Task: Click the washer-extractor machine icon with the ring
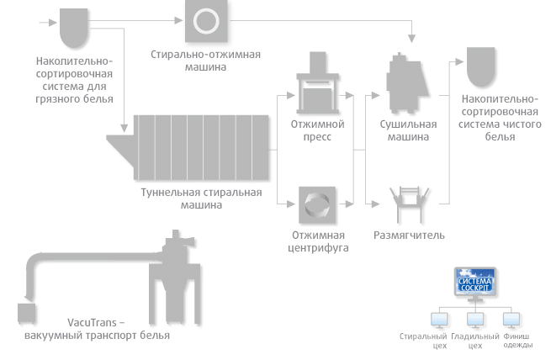[206, 20]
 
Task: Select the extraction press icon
[318, 83]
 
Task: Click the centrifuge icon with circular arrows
[317, 204]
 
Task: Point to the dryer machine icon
[407, 83]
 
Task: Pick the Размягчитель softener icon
[410, 204]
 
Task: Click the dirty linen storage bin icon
[73, 28]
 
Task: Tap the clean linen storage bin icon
[480, 66]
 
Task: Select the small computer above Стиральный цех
[439, 320]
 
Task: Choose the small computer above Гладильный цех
[475, 320]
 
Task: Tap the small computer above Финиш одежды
[511, 320]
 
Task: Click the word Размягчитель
[409, 235]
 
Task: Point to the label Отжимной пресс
[317, 130]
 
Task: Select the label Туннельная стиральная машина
[201, 199]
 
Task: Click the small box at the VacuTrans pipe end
[27, 313]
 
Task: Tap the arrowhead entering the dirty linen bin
[53, 23]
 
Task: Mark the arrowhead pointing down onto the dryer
[411, 39]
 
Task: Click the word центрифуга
[318, 248]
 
